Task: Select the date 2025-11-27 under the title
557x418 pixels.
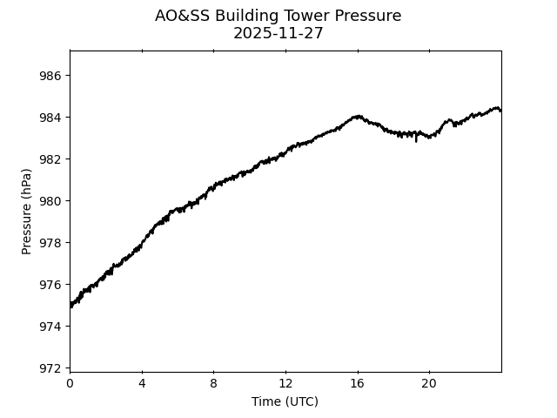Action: (x=278, y=33)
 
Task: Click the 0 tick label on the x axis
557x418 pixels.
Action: (x=70, y=384)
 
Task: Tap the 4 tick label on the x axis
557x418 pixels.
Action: (x=142, y=384)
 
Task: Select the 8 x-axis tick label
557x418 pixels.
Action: (x=213, y=384)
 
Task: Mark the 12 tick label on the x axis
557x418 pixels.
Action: (x=285, y=384)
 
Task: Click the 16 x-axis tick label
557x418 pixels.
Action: (x=357, y=384)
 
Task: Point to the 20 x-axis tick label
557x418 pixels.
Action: (x=429, y=384)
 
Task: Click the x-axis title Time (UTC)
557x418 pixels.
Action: (x=285, y=401)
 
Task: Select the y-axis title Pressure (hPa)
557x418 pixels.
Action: (x=27, y=212)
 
